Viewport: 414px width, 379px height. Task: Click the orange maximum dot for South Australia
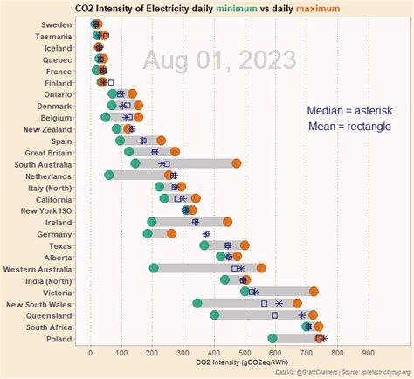pos(237,163)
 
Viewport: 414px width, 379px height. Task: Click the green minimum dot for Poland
pos(273,338)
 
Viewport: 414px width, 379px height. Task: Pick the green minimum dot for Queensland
pos(215,314)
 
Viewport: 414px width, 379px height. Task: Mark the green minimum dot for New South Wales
pos(197,303)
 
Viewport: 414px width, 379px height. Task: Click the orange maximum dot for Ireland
pos(228,222)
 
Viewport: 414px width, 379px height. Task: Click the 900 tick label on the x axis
pos(369,352)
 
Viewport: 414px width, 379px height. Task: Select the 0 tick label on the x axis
pos(91,352)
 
